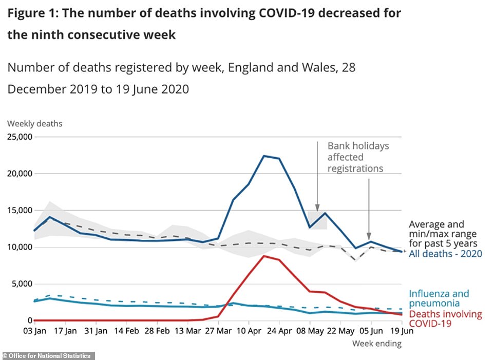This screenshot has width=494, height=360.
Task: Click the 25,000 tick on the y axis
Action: point(18,137)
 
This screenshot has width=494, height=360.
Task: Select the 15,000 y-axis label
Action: point(18,211)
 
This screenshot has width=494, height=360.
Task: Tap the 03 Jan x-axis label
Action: point(35,331)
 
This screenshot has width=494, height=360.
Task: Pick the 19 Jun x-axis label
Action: point(401,331)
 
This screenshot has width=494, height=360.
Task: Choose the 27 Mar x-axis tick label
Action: point(218,331)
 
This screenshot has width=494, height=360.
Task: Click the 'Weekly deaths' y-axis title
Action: point(34,124)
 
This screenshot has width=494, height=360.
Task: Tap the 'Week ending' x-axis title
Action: point(376,344)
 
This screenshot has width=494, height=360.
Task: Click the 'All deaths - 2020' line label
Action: point(445,254)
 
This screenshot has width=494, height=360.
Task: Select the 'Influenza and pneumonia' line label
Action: point(439,299)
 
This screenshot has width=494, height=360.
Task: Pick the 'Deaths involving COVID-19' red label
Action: point(445,319)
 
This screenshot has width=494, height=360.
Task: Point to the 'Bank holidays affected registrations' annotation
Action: point(358,157)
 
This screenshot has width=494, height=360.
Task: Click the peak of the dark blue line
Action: point(264,156)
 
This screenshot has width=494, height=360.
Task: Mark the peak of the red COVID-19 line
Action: point(264,256)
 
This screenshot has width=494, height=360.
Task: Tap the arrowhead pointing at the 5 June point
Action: point(369,234)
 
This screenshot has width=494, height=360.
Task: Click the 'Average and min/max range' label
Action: point(443,234)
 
